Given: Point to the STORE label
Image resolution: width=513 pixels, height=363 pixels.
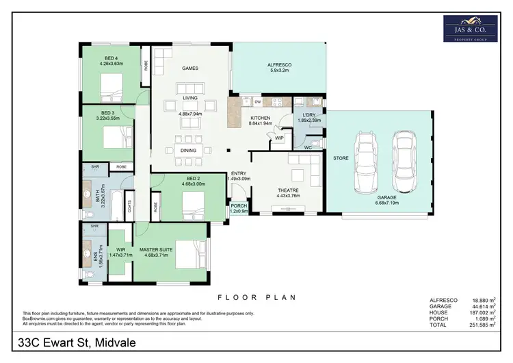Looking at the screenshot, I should tap(341, 158).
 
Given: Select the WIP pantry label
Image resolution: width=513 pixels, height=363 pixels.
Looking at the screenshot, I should tap(279, 138).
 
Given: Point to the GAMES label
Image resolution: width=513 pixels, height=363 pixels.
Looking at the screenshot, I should tap(189, 68).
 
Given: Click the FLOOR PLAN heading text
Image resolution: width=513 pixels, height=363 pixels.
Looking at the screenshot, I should tap(256, 297).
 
